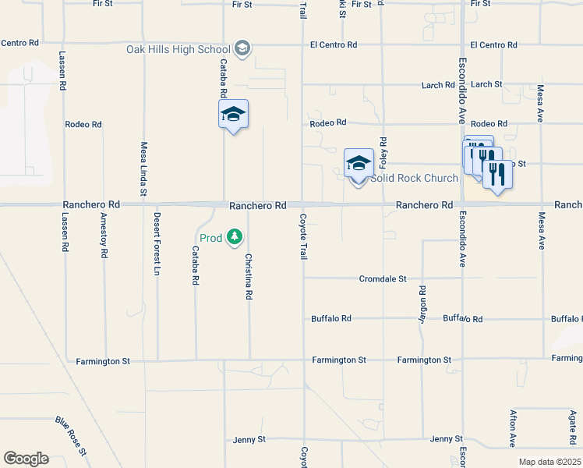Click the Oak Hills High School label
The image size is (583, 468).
pos(178,49)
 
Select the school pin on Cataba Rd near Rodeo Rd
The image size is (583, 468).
pos(233,115)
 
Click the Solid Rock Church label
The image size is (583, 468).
pos(414,178)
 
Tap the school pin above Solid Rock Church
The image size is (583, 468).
pos(359,164)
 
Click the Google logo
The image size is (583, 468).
pos(26,459)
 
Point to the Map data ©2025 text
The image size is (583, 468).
pos(549,462)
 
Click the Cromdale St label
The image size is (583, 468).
pos(383,278)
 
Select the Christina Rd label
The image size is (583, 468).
pos(249,277)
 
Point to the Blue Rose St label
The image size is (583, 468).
pos(70,436)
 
